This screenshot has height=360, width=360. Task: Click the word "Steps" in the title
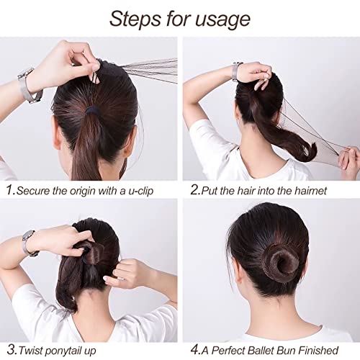(134, 19)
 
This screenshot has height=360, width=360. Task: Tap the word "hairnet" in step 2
(307, 191)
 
